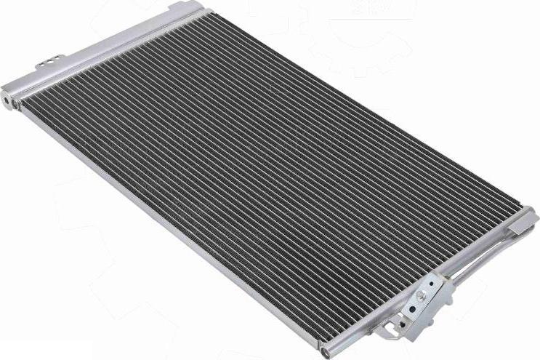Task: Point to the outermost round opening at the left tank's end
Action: [x=6, y=97]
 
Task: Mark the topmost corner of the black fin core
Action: [x=207, y=13]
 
